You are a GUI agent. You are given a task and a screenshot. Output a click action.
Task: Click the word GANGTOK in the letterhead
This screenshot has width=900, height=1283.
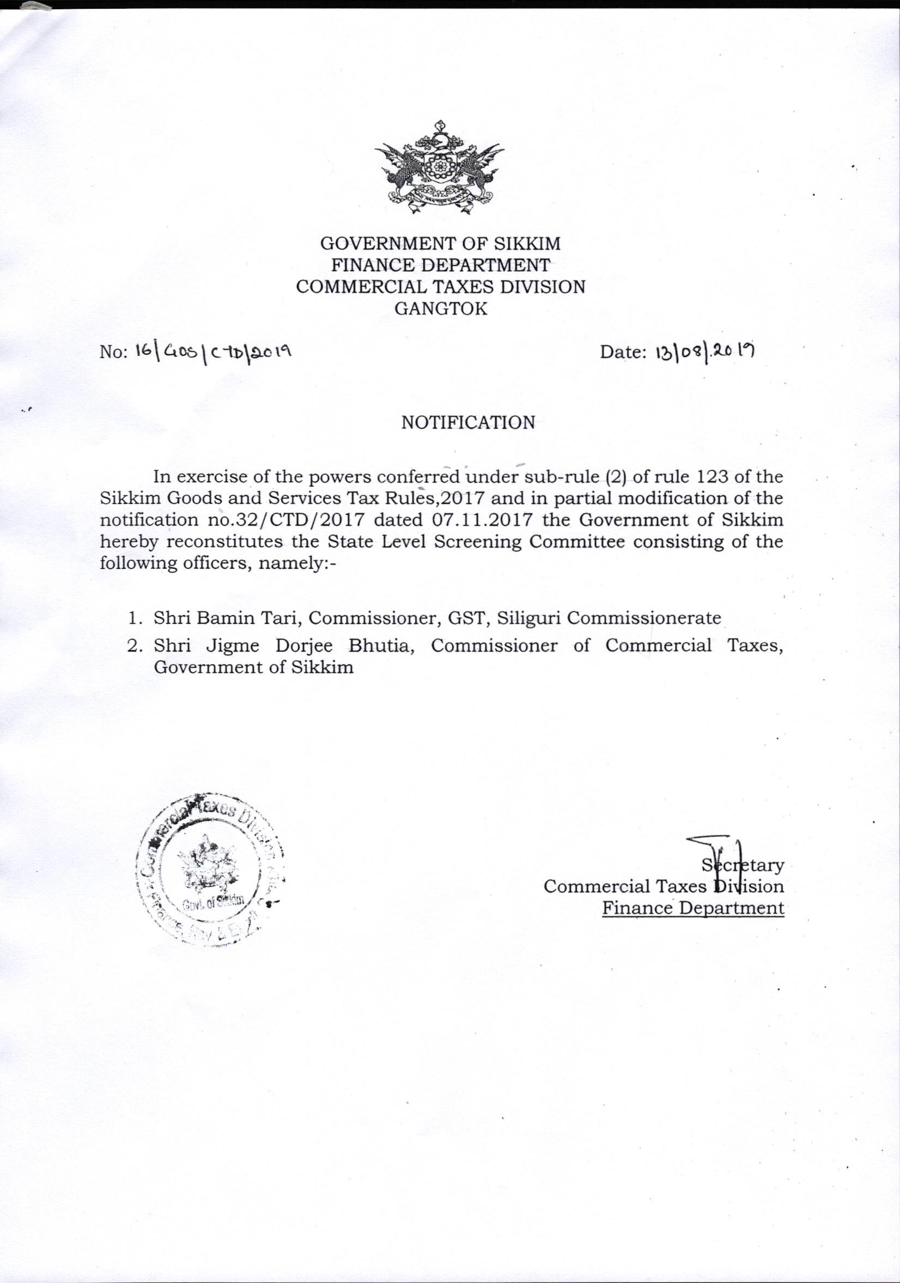pyautogui.click(x=441, y=308)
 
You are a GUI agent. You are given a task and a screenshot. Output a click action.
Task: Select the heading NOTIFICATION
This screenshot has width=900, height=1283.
pyautogui.click(x=468, y=422)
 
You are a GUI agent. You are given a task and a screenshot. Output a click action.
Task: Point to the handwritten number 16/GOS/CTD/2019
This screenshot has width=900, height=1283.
pyautogui.click(x=214, y=351)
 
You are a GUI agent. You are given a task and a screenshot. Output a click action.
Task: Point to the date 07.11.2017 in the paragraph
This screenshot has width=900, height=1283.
pyautogui.click(x=475, y=520)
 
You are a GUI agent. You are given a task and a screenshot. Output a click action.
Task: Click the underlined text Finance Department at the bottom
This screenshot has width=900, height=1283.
pyautogui.click(x=693, y=908)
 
